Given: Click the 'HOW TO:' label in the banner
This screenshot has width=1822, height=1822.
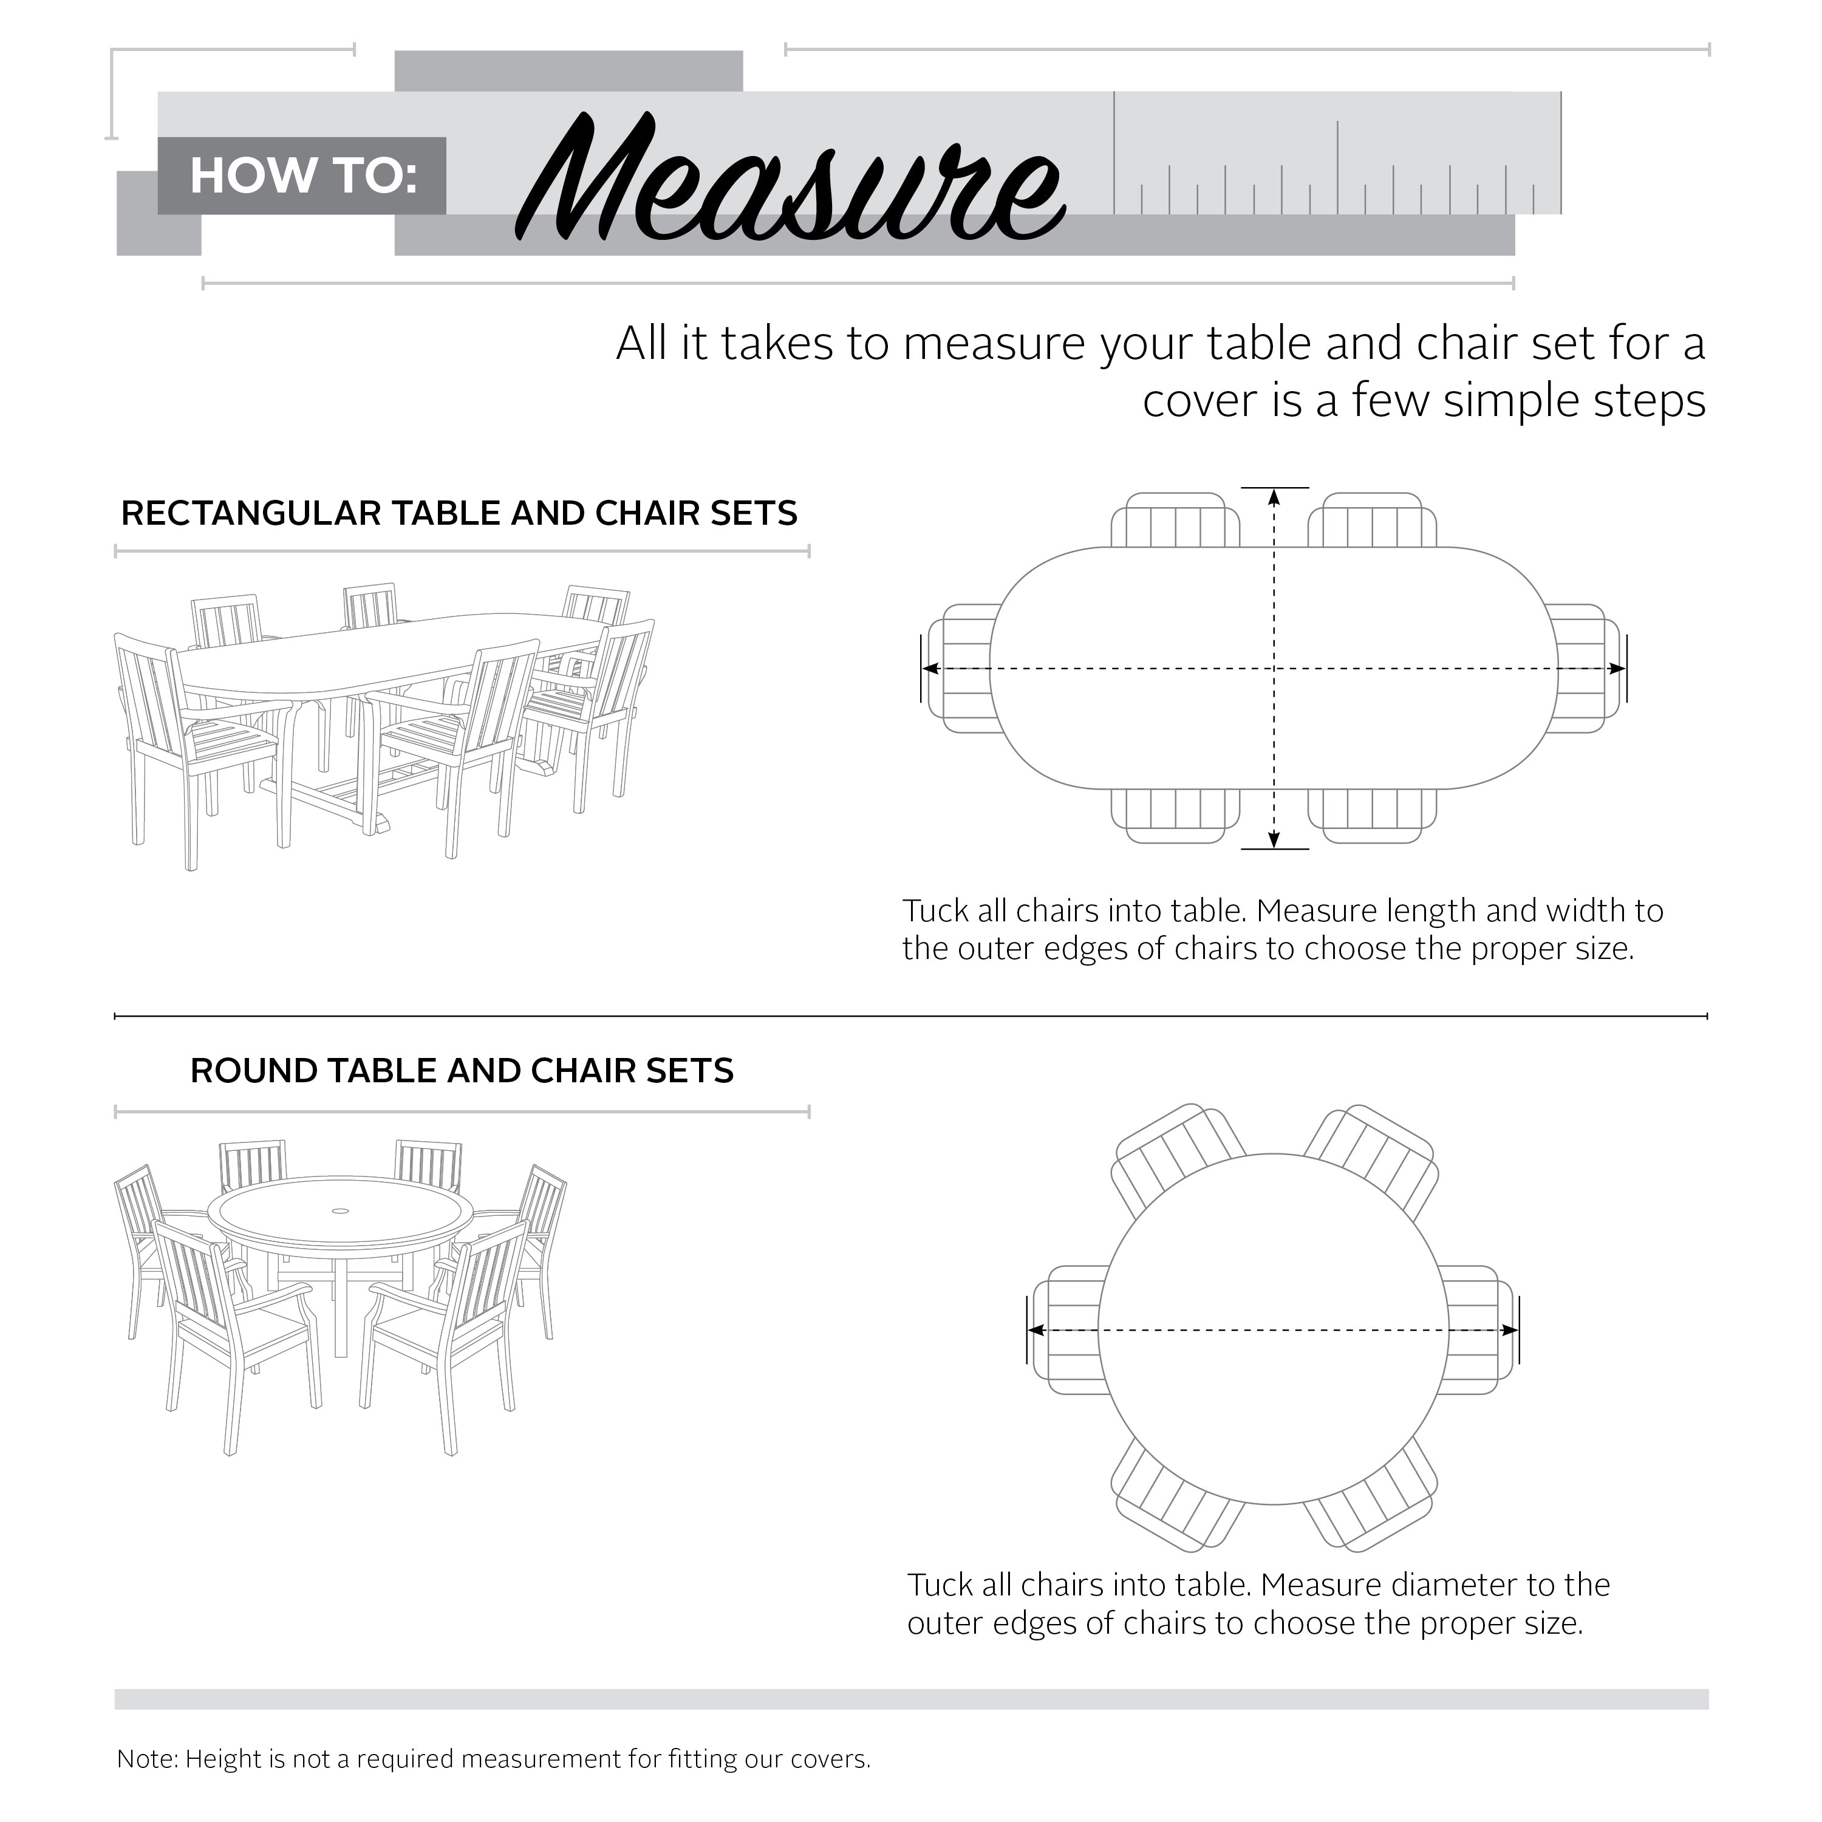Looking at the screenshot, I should pos(302,176).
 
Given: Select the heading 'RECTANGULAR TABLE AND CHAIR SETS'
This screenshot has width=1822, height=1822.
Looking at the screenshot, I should pos(459,514).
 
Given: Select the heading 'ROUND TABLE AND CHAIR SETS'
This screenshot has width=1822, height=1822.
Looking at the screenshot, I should pos(461,1071).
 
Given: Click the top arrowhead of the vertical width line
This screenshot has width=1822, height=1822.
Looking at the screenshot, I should pos(1274,496).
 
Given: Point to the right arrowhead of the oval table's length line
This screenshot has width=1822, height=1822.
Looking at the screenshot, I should pos(1616,669).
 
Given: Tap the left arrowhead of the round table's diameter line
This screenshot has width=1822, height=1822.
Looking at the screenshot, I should pos(1037,1331).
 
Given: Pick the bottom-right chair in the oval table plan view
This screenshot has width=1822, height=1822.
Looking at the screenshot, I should pos(1372,816).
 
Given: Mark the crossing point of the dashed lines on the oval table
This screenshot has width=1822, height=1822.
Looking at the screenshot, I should pos(1274,669).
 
